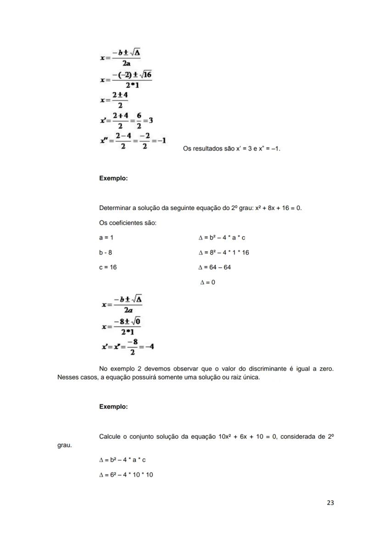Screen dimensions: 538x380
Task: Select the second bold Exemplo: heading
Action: (113, 407)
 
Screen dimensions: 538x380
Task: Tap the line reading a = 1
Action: (106, 238)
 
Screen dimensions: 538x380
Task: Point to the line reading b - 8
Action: (106, 252)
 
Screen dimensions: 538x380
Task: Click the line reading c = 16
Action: (108, 267)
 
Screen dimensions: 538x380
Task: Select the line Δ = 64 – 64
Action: (214, 267)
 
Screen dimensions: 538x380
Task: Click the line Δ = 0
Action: (207, 282)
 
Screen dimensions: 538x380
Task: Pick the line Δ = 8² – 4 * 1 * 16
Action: (224, 252)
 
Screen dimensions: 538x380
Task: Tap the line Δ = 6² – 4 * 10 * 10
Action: (126, 474)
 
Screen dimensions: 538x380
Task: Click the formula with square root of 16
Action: (126, 79)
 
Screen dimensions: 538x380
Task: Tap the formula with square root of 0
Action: (122, 327)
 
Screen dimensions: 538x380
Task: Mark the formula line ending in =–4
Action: (128, 347)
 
